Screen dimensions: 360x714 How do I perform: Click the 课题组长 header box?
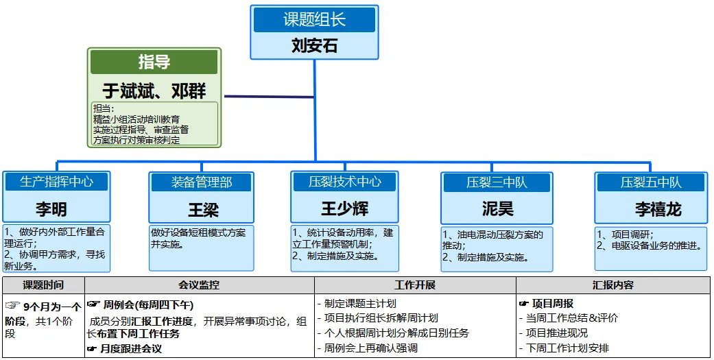(x=314, y=20)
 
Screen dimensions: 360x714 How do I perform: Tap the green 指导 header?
(x=154, y=62)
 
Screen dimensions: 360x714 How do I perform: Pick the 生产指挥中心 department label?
(x=56, y=182)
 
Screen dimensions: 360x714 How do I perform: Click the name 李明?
(x=52, y=208)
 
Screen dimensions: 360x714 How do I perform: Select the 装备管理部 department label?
(x=202, y=182)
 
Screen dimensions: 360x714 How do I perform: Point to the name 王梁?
(x=202, y=208)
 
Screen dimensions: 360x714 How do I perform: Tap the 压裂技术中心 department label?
(x=345, y=182)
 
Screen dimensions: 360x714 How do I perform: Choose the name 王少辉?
(x=345, y=208)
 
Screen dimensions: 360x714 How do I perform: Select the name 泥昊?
(x=497, y=208)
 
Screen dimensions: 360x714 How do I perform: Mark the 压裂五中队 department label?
(x=651, y=182)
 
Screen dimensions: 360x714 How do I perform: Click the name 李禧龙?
(x=658, y=209)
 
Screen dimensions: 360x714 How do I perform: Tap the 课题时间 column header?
(x=43, y=285)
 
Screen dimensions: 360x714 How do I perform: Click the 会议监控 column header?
(x=199, y=285)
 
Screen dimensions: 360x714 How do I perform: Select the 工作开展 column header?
(x=415, y=285)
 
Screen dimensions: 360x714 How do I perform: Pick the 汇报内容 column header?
(x=613, y=285)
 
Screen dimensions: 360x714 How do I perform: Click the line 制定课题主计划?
(x=360, y=304)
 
